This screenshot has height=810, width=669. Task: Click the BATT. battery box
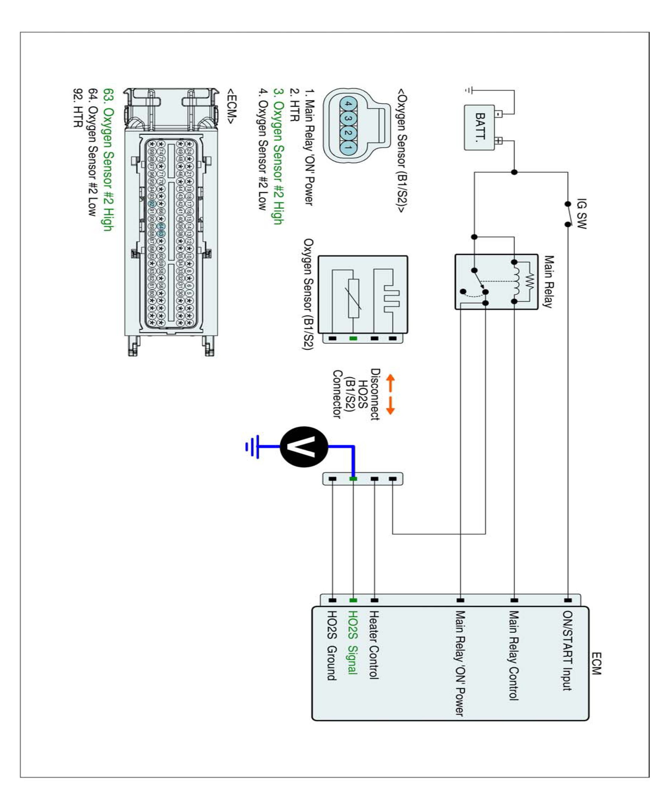pyautogui.click(x=479, y=127)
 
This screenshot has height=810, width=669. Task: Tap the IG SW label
pyautogui.click(x=581, y=214)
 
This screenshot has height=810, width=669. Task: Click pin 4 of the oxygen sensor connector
pyautogui.click(x=348, y=104)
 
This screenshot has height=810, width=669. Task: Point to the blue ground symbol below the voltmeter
pyautogui.click(x=252, y=447)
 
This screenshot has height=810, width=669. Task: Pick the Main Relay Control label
pyautogui.click(x=513, y=655)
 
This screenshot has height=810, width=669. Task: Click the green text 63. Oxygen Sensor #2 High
pyautogui.click(x=108, y=160)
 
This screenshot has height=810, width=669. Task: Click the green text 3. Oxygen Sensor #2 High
pyautogui.click(x=278, y=156)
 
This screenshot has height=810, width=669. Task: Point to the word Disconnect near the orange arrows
pyautogui.click(x=375, y=394)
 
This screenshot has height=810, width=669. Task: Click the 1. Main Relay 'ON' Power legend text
pyautogui.click(x=309, y=147)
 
